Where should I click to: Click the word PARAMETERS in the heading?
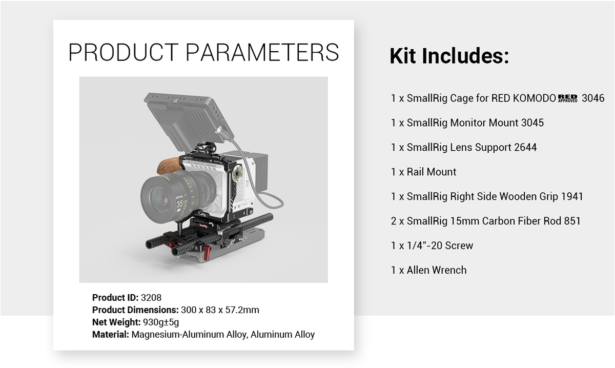[x=262, y=52]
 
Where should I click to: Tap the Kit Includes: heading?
[x=449, y=56]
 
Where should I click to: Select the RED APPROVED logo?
[x=567, y=98]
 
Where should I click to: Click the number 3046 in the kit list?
[x=593, y=98]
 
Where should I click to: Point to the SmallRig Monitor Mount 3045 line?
[x=467, y=123]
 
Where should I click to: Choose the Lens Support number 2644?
[x=525, y=147]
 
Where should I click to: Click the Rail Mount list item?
[x=423, y=172]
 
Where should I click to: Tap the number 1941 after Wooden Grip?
[x=572, y=196]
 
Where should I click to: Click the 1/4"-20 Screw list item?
[x=432, y=246]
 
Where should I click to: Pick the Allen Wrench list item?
[x=428, y=270]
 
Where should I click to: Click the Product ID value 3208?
[x=151, y=298]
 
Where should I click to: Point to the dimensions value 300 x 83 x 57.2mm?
[x=220, y=310]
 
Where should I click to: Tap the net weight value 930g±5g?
[x=161, y=322]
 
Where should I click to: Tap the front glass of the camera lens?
[x=159, y=198]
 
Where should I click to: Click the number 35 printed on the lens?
[x=179, y=204]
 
